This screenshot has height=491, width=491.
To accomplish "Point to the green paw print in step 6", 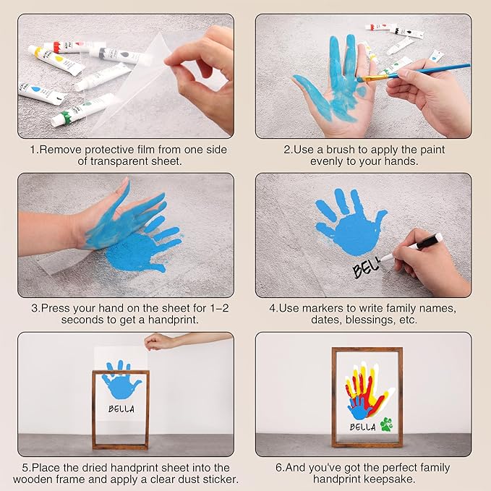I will click(385, 424).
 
